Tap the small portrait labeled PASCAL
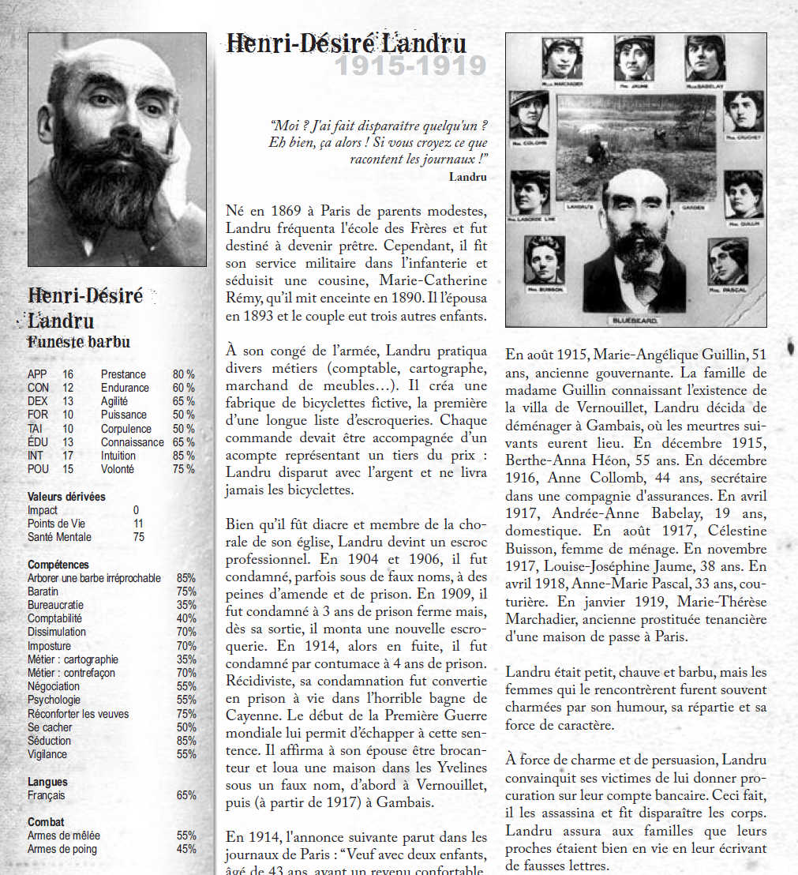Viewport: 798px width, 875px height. [727, 261]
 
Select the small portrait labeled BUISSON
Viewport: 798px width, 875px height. [544, 260]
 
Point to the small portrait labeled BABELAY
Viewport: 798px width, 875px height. [705, 58]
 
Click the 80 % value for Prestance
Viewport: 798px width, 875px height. [183, 374]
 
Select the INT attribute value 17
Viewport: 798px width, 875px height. [69, 456]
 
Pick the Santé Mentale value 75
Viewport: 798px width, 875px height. [139, 537]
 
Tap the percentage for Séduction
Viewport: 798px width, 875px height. [186, 741]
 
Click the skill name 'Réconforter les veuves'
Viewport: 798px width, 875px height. [78, 714]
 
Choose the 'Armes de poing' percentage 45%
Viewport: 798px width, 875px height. [186, 849]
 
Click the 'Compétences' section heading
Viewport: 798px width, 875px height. [58, 565]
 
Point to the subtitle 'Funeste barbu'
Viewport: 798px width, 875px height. [79, 342]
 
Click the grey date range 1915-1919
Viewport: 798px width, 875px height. [410, 66]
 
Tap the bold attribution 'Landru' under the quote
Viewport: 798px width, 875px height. [467, 177]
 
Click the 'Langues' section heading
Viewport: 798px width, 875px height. [47, 782]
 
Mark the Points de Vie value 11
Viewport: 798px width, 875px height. [139, 524]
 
